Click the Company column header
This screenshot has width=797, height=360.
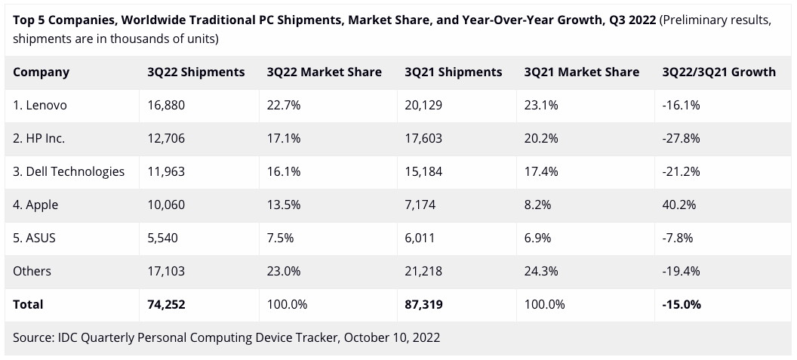click(41, 72)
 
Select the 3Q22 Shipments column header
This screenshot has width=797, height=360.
click(196, 72)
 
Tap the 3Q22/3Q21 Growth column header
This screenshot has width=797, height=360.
click(719, 72)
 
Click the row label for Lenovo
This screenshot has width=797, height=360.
click(40, 106)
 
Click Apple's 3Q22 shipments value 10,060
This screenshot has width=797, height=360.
click(166, 205)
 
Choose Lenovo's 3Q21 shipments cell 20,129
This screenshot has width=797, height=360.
click(423, 106)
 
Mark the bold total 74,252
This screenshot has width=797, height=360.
click(167, 305)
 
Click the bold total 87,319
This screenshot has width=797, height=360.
click(424, 305)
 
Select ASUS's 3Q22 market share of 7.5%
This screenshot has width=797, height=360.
click(281, 238)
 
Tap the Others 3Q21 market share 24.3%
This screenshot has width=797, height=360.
click(541, 271)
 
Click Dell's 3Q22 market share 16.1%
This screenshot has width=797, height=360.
click(284, 171)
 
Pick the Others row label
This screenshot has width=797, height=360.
click(32, 271)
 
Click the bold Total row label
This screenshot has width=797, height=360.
click(28, 305)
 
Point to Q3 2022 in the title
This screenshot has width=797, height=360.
click(628, 20)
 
